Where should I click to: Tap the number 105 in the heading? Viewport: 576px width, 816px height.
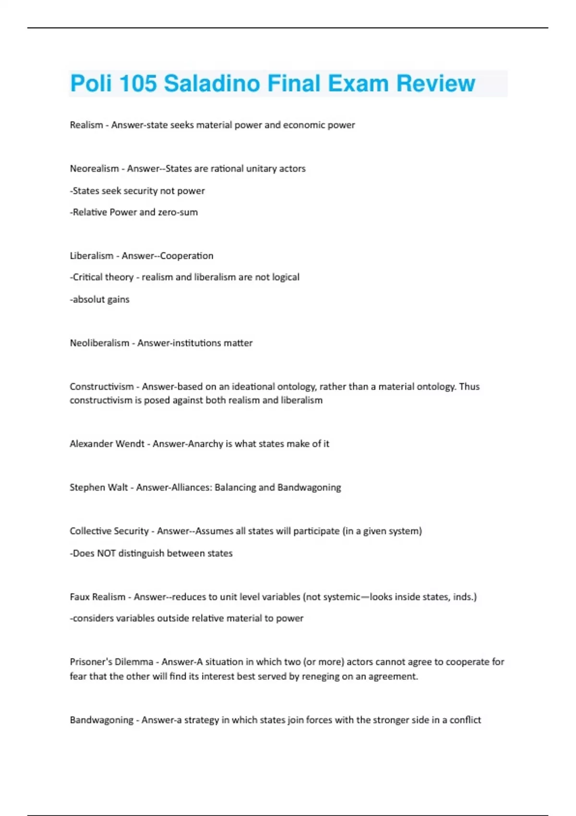(x=138, y=84)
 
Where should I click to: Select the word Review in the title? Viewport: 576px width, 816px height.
(x=435, y=84)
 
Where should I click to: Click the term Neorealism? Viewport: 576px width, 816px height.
(x=94, y=168)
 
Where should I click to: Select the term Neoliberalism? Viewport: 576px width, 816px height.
(x=99, y=343)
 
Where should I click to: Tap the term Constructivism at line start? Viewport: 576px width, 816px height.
(x=102, y=386)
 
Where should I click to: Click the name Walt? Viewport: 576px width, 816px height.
(x=118, y=487)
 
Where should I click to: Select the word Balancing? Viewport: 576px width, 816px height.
(x=235, y=487)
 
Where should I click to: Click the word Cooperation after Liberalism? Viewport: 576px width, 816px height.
(x=187, y=256)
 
